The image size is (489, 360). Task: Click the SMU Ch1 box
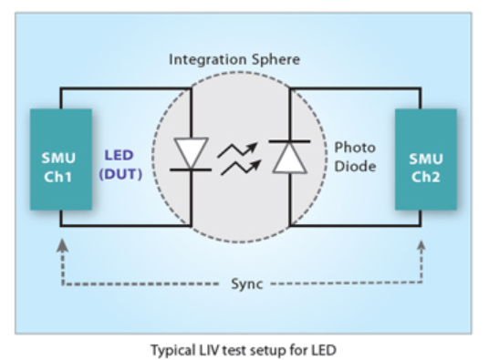61,159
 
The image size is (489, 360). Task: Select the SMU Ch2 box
426,159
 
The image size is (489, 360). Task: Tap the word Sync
247,284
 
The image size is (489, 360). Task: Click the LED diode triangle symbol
191,152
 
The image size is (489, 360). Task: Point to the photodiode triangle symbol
290,158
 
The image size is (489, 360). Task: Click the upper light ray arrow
237,150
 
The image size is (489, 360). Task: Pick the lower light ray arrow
241,168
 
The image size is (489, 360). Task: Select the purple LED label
119,155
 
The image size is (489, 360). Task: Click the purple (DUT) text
120,174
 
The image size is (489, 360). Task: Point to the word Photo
355,148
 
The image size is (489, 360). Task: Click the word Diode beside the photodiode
355,166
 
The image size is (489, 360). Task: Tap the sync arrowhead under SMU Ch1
63,245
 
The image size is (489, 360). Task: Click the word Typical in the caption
173,351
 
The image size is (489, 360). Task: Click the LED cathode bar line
191,170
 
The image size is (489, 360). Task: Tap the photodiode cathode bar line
289,141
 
